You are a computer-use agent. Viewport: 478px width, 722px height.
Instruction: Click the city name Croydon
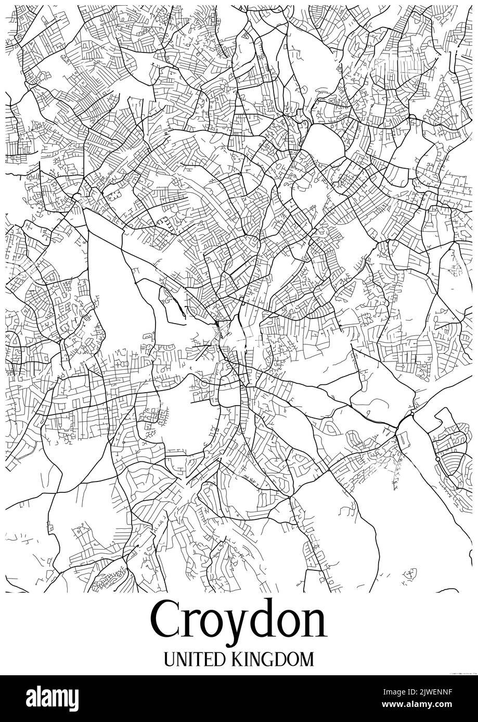point(239,621)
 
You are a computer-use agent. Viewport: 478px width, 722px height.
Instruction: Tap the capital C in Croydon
point(167,621)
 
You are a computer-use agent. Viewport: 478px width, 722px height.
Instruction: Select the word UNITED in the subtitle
point(194,659)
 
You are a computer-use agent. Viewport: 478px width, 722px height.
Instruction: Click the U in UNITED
point(170,659)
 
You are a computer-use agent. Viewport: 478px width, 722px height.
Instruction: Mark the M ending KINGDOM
point(306,659)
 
